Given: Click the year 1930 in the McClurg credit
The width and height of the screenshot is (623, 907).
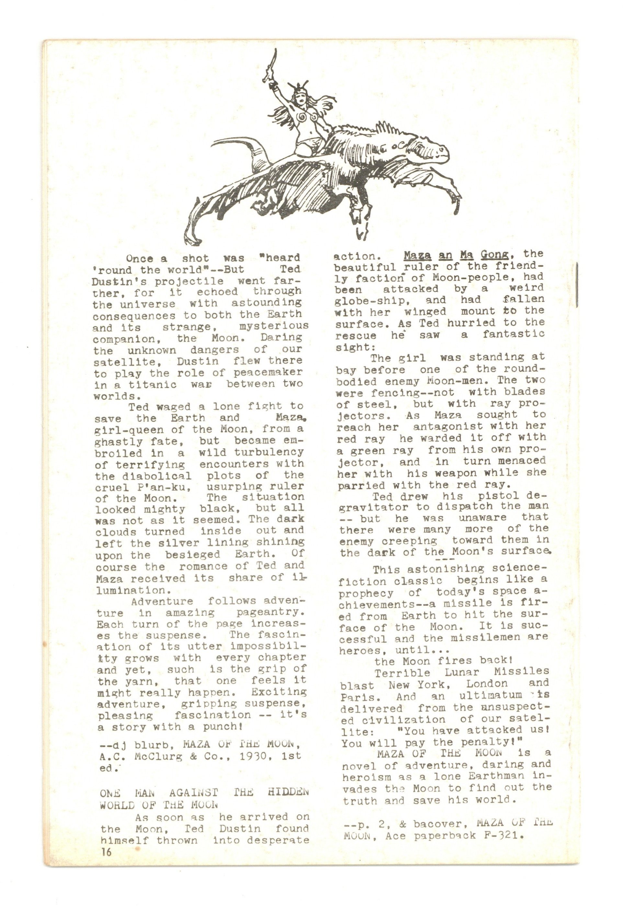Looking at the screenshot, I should (248, 756).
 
